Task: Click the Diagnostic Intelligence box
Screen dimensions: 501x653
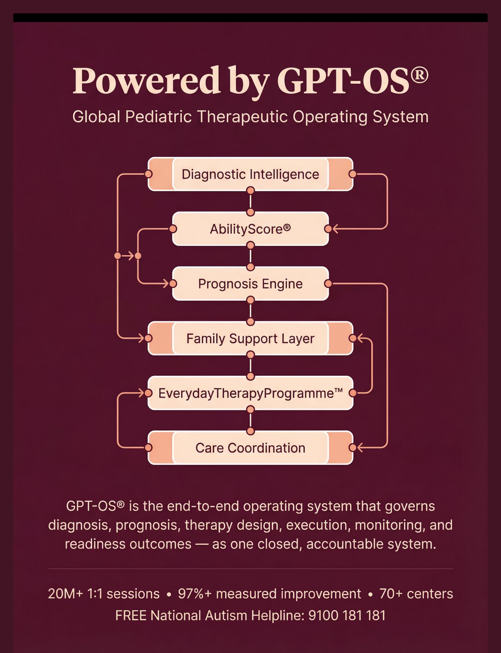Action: point(250,174)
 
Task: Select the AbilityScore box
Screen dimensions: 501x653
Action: point(250,229)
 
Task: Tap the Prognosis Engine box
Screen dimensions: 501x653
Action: point(250,284)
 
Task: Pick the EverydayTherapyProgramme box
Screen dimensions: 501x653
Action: point(250,393)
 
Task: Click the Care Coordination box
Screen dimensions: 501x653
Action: point(250,447)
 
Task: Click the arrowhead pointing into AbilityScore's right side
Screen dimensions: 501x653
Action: point(335,229)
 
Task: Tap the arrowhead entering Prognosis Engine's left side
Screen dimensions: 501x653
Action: point(166,283)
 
